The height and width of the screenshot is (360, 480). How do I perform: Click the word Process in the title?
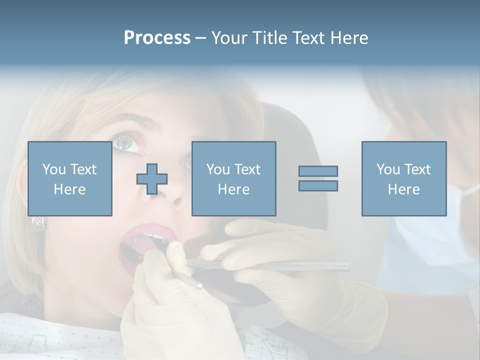157,38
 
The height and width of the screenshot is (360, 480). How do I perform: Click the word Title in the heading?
270,38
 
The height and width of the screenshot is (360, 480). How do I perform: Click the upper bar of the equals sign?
318,171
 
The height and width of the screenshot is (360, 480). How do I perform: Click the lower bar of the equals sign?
318,186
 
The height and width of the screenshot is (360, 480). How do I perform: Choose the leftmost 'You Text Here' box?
69,178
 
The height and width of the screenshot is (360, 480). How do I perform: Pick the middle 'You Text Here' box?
233,178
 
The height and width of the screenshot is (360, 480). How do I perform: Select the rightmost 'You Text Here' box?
403,178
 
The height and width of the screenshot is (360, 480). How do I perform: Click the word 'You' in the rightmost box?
388,169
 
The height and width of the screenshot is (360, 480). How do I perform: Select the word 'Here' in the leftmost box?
69,189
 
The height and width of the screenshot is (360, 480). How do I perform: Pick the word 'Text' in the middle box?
247,169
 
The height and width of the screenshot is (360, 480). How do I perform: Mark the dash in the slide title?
201,38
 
